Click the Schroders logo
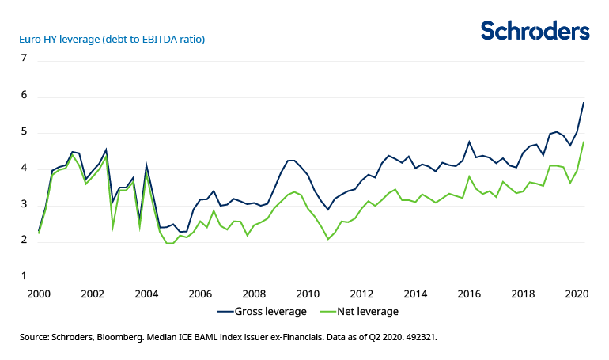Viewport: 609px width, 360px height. point(535,31)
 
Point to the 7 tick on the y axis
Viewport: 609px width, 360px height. point(24,59)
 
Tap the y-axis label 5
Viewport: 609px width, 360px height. point(24,132)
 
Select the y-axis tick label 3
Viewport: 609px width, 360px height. point(24,205)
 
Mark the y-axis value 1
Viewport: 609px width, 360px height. point(24,277)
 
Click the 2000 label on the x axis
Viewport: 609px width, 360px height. point(39,293)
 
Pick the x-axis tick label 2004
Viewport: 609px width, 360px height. point(147,293)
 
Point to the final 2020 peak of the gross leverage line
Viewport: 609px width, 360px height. point(584,102)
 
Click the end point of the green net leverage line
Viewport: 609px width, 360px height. point(584,142)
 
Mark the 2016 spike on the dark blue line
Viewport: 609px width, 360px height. point(469,142)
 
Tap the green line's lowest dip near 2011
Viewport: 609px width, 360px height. point(328,239)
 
